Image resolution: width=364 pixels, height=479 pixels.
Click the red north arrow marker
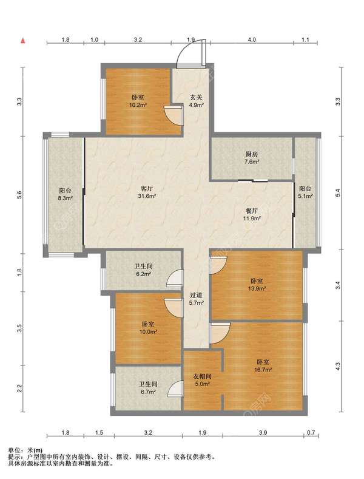(22, 41)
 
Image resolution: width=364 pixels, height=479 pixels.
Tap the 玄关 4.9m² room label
(197, 101)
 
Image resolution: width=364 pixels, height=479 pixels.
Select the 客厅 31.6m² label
(147, 192)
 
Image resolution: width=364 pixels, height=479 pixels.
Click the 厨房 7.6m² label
(252, 158)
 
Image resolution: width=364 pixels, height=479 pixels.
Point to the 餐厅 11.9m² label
(252, 214)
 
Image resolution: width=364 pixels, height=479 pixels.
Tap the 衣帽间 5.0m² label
(203, 380)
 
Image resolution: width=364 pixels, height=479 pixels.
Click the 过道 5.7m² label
(197, 299)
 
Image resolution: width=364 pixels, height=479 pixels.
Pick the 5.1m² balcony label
(305, 192)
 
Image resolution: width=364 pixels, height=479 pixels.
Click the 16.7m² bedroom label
(263, 365)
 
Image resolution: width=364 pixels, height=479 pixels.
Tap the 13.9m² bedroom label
(257, 284)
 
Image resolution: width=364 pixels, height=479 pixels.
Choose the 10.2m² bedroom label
(138, 101)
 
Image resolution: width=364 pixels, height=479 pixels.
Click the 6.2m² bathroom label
(144, 270)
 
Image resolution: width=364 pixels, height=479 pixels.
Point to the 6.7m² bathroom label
(148, 388)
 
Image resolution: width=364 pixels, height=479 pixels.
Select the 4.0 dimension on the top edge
(252, 39)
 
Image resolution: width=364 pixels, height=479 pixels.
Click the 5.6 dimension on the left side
(19, 195)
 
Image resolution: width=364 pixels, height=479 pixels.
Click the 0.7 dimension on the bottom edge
(311, 432)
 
